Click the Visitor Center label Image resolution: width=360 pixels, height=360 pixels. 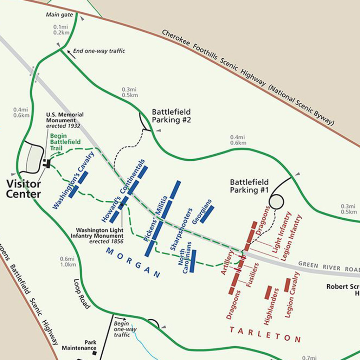tap(24, 189)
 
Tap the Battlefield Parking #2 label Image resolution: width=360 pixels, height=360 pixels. tap(171, 116)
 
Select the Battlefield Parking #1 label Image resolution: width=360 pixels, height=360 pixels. tap(249, 186)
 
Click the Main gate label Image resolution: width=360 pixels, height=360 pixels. tap(59, 15)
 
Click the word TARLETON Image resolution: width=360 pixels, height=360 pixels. tap(265, 334)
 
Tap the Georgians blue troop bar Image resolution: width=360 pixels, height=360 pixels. tap(207, 214)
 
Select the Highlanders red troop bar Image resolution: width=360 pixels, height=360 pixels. tap(268, 292)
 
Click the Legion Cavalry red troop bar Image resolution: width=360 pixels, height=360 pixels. tap(288, 285)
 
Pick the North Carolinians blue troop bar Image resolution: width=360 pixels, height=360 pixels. tap(193, 261)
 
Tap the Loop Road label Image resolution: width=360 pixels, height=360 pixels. tap(82, 294)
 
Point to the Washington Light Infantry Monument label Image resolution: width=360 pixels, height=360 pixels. tap(97, 236)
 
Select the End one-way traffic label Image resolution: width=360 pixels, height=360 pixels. tap(99, 51)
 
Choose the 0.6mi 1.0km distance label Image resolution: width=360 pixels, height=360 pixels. tap(68, 262)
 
